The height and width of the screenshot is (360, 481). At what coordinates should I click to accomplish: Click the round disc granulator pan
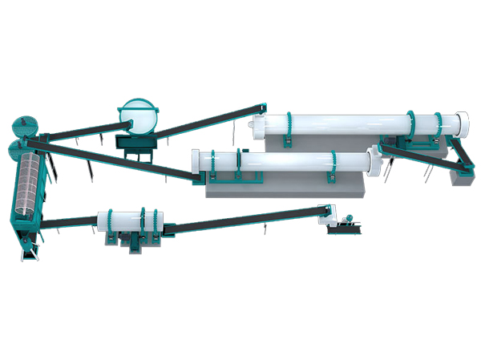pyautogui.click(x=139, y=117)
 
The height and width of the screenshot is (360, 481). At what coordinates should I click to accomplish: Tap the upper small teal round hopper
pyautogui.click(x=26, y=126)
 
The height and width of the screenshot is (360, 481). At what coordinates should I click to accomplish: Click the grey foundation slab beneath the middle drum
pyautogui.click(x=281, y=187)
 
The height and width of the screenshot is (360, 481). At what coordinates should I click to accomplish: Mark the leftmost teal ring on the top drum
pyautogui.click(x=288, y=126)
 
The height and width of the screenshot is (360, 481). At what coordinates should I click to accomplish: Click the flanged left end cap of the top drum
pyautogui.click(x=257, y=125)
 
